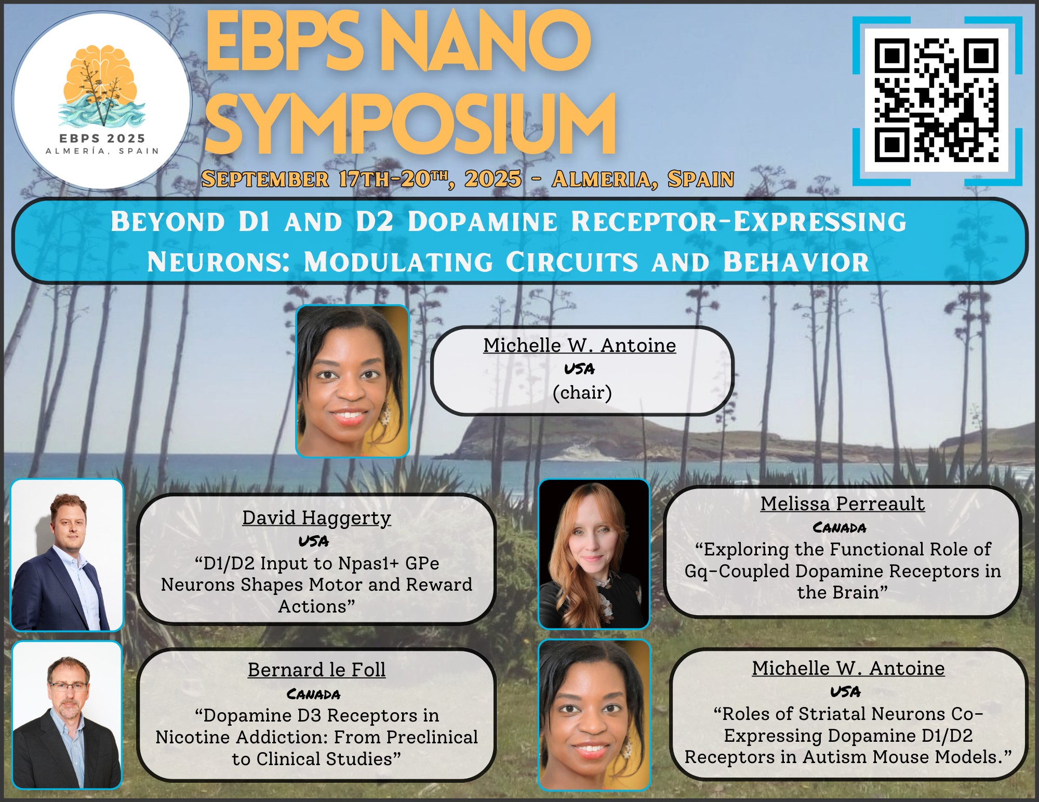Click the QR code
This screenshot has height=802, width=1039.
click(937, 100)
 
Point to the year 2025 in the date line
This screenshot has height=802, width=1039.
click(493, 179)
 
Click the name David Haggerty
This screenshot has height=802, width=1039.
click(316, 518)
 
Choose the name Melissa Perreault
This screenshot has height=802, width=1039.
click(843, 504)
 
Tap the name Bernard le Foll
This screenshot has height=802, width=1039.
click(317, 670)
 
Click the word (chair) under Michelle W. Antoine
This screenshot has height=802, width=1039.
click(582, 392)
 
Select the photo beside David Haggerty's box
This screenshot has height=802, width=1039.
click(67, 555)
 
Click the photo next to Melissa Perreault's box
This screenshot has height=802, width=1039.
click(594, 554)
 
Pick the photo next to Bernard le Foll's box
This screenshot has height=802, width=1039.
click(67, 715)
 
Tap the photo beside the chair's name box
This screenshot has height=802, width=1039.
click(352, 382)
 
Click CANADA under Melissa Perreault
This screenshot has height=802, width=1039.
click(840, 528)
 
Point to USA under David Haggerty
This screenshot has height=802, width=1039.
click(314, 541)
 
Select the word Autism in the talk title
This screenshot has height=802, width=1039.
click(836, 757)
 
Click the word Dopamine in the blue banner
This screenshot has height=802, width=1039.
click(483, 222)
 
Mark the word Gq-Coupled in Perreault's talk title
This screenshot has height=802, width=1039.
click(738, 572)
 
